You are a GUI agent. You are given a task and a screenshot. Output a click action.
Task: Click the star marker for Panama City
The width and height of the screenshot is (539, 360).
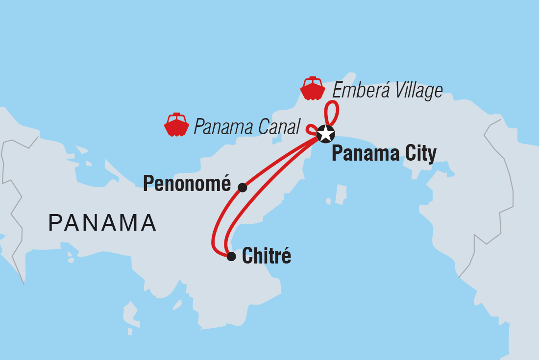tap(325, 133)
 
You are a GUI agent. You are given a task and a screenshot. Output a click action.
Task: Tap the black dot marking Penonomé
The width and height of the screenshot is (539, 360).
tap(242, 187)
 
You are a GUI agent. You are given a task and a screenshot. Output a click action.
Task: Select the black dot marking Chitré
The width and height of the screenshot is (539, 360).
tap(231, 256)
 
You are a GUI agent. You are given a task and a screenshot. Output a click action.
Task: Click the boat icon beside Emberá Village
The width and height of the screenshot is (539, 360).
tap(313, 89)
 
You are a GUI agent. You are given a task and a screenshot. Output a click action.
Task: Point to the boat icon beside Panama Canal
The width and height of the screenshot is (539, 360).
tap(176, 125)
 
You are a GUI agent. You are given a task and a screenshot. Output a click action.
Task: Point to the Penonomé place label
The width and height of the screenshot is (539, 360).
tap(187, 184)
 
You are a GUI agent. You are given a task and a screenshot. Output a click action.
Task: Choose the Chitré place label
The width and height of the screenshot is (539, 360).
tap(267, 256)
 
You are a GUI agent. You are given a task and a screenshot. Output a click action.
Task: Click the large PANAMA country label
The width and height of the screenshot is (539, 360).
tap(102, 223)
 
